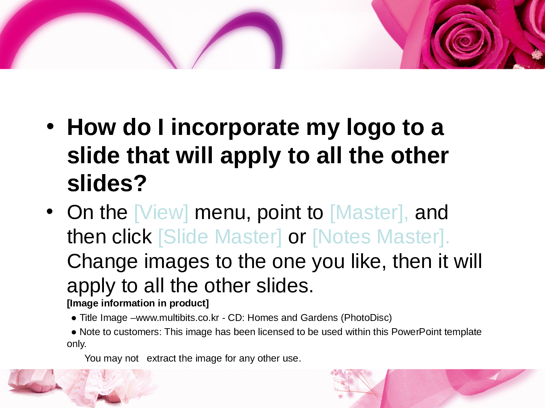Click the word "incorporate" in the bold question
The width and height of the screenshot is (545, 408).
pyautogui.click(x=235, y=127)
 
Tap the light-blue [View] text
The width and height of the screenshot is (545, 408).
pyautogui.click(x=161, y=213)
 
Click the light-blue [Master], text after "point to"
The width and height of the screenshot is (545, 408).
pyautogui.click(x=369, y=213)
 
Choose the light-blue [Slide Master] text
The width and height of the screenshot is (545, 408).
pyautogui.click(x=220, y=237)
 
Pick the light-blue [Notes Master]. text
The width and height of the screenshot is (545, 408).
pyautogui.click(x=381, y=237)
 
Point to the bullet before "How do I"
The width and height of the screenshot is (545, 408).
pyautogui.click(x=50, y=126)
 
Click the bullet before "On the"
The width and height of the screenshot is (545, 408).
pyautogui.click(x=50, y=212)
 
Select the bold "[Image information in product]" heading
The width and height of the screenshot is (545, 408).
pyautogui.click(x=138, y=303)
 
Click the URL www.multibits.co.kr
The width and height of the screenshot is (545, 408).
pyautogui.click(x=178, y=318)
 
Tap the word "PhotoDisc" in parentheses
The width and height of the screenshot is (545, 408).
pyautogui.click(x=366, y=318)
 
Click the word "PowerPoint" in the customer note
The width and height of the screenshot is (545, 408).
pyautogui.click(x=416, y=332)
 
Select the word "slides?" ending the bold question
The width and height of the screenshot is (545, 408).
pyautogui.click(x=107, y=183)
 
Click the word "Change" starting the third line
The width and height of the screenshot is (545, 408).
pyautogui.click(x=102, y=262)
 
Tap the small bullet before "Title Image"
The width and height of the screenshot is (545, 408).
pyautogui.click(x=74, y=318)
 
